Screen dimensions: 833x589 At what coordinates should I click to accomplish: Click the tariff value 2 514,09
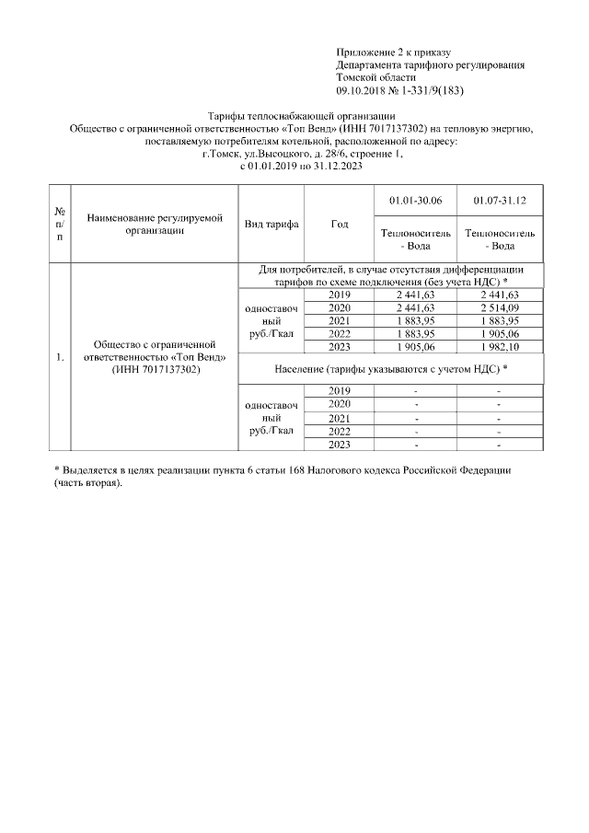pyautogui.click(x=499, y=307)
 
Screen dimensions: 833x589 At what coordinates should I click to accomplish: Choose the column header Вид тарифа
pyautogui.click(x=271, y=225)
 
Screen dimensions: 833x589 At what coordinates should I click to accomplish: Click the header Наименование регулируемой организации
pyautogui.click(x=155, y=225)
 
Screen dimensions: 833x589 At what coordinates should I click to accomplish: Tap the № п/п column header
pyautogui.click(x=60, y=225)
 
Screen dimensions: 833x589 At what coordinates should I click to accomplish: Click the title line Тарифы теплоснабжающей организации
pyautogui.click(x=301, y=116)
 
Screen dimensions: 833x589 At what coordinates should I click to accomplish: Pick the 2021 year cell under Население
pyautogui.click(x=339, y=417)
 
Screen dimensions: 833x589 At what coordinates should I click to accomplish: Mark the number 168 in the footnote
pyautogui.click(x=303, y=470)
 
